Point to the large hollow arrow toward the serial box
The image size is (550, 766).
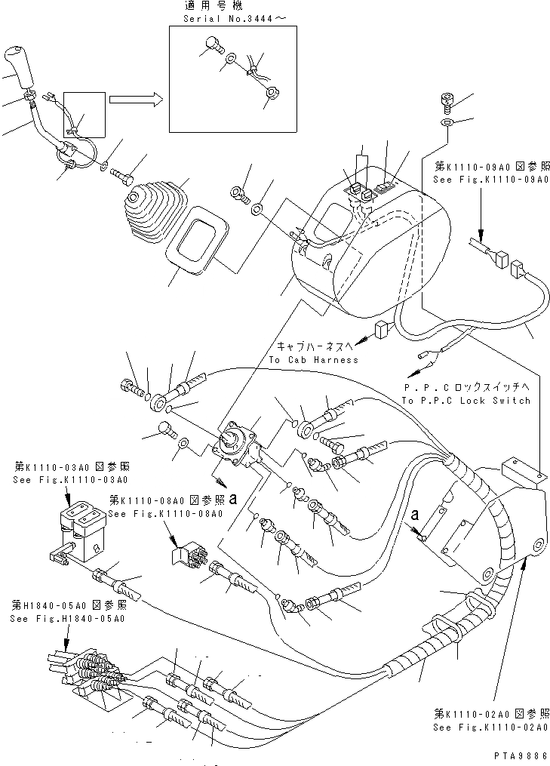point(133,98)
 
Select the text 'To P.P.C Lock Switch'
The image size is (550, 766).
point(466,401)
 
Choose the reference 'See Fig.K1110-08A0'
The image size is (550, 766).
point(164,513)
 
